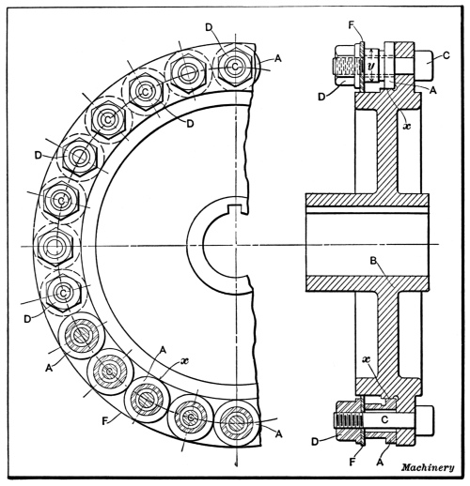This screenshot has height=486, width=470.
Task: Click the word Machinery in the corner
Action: [x=428, y=467]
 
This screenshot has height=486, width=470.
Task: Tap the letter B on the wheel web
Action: [x=373, y=261]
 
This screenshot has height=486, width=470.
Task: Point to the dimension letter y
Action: [x=371, y=66]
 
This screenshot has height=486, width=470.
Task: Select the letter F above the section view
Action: [x=352, y=25]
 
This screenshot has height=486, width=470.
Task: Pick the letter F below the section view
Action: [x=353, y=462]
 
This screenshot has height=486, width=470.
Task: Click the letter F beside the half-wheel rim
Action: [x=105, y=421]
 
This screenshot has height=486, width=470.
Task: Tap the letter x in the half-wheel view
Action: [x=185, y=360]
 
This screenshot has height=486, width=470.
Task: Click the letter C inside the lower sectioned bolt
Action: [x=384, y=419]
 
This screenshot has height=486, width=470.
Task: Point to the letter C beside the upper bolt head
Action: [x=446, y=55]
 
